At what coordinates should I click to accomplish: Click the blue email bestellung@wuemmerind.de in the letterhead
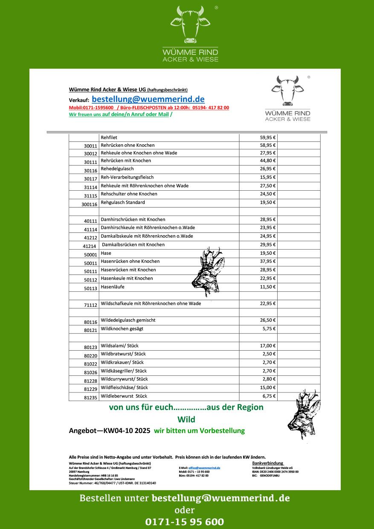point(148,99)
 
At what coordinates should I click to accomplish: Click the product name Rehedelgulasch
point(117,169)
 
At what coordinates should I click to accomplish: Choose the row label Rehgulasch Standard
point(123,202)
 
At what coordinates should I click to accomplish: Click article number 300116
point(90,204)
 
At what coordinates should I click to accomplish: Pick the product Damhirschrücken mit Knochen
point(133,219)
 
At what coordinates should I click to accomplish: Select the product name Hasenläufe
point(113,287)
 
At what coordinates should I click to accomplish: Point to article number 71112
point(90,305)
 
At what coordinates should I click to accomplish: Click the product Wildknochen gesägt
point(122,328)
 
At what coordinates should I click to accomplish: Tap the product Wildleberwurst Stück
point(124,396)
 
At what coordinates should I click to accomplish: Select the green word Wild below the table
point(186,419)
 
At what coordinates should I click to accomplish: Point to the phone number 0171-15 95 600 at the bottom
point(185,522)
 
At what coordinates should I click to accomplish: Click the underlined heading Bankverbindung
point(268,463)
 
